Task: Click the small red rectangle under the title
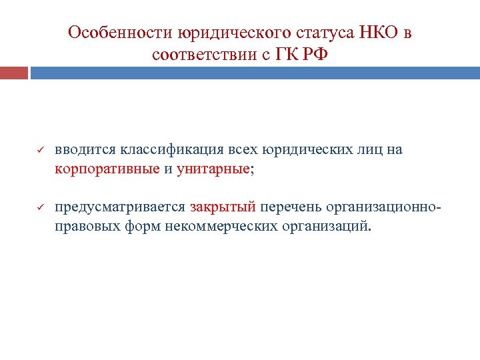pyautogui.click(x=14, y=73)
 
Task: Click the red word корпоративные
pyautogui.click(x=107, y=169)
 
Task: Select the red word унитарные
pyautogui.click(x=213, y=169)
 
